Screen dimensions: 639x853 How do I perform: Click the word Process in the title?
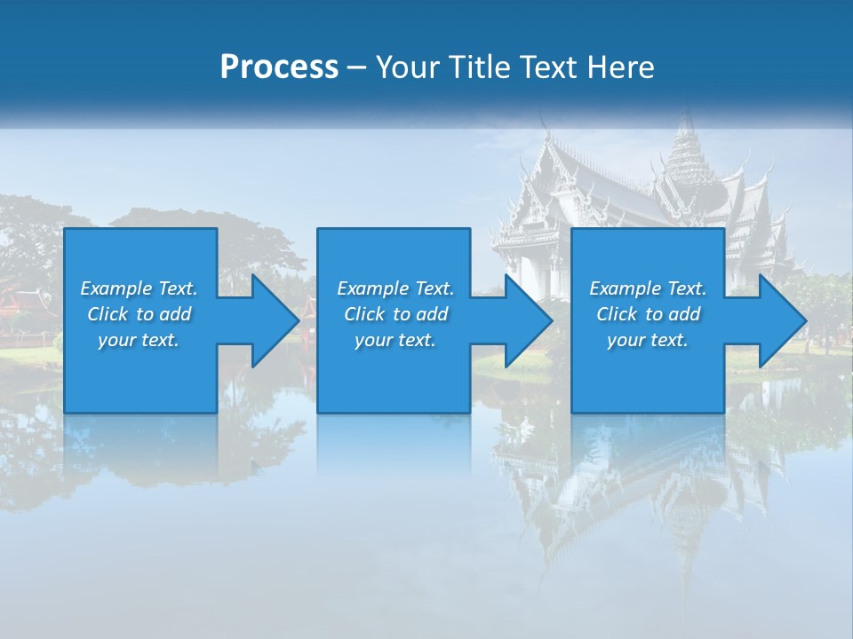coord(279,67)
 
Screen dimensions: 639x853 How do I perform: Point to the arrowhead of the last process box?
coord(782,320)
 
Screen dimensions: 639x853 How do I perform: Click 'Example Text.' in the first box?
coord(139,288)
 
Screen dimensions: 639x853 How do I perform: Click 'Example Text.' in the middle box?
coord(395,288)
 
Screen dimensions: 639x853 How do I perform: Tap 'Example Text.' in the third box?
coord(648,288)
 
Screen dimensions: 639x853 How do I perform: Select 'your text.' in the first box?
coord(139,340)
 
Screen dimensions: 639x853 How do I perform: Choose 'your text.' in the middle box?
coord(395,340)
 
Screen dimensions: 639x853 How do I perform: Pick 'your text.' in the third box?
coord(648,340)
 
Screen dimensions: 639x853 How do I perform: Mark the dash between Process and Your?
coord(357,67)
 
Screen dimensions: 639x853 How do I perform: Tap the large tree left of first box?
coord(31,240)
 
